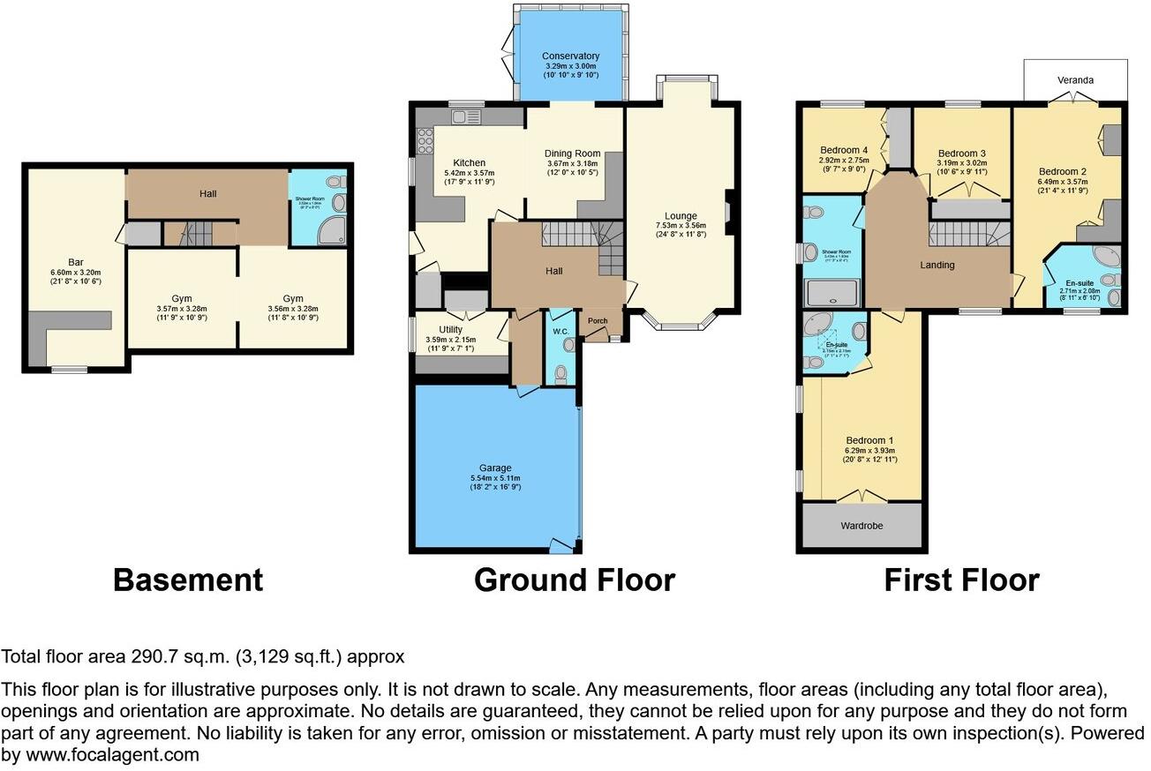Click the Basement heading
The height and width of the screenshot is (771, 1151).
tap(188, 580)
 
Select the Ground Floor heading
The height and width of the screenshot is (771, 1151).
tap(574, 580)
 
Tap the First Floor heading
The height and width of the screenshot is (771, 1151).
tap(961, 580)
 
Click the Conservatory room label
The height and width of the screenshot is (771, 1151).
tap(570, 56)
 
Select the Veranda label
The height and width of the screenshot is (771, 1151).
tap(1075, 80)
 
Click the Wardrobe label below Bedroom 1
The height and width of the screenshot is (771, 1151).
tap(861, 526)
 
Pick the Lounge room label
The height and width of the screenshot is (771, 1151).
tap(681, 216)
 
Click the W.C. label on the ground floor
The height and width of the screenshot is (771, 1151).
tap(558, 332)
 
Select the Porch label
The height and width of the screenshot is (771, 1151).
tap(598, 321)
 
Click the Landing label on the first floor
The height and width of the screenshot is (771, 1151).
tap(937, 265)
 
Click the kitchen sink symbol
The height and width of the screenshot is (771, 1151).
tap(465, 116)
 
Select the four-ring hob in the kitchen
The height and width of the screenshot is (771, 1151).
tap(425, 141)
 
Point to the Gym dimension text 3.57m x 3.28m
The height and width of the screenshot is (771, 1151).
tap(181, 309)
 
